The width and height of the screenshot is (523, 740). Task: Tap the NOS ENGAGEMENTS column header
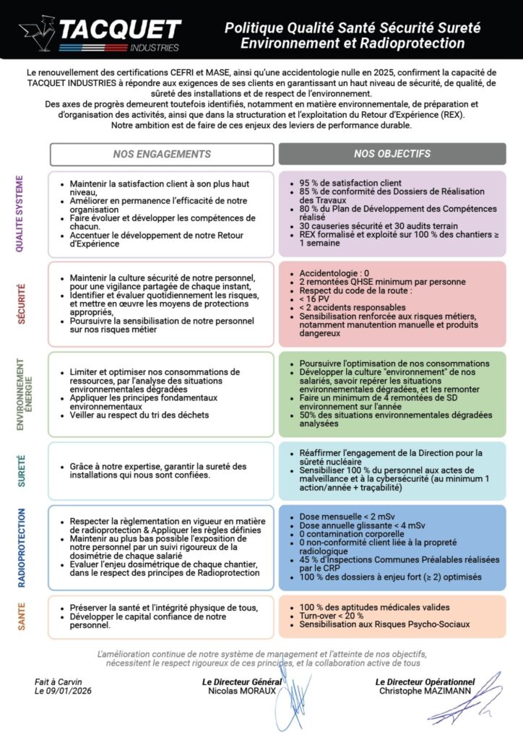coord(162,154)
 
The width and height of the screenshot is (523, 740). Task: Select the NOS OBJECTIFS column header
coord(392,154)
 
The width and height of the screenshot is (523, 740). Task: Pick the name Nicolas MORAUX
coord(242,690)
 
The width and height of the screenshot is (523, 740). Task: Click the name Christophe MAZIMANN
coord(425,690)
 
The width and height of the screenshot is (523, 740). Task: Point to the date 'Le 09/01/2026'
coord(64,690)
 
